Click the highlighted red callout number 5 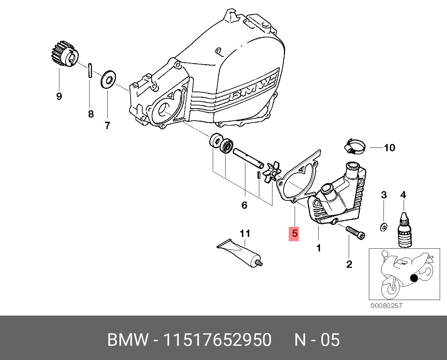pos(294,233)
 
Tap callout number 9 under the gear pos(59,96)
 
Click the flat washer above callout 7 pos(109,79)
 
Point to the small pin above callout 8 pos(90,70)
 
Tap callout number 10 pos(389,148)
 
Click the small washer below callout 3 pos(383,227)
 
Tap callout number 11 pos(245,233)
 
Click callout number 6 pos(244,205)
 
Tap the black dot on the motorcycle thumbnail pos(413,278)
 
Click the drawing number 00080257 pos(386,306)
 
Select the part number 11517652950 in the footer pos(217,340)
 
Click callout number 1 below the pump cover pos(319,248)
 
